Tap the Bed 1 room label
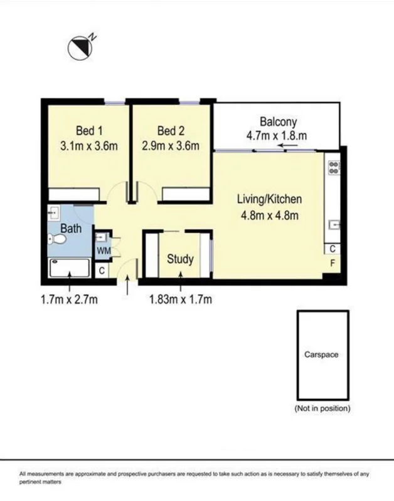coord(88,131)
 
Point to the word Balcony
coord(278,121)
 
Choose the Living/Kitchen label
coord(269,200)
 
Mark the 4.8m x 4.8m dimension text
coord(269,216)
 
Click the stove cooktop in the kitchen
coord(334,167)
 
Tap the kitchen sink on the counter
coord(333,224)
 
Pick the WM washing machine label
coord(103,250)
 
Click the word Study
coord(180,259)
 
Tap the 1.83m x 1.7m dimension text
coord(180,299)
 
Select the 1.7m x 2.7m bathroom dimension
coord(69,299)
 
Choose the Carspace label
coord(321,354)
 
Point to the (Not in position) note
coord(322,408)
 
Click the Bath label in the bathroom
coord(71,229)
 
